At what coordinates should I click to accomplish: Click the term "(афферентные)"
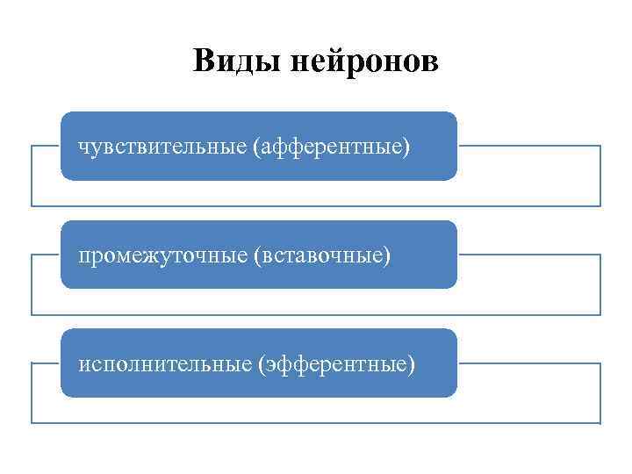point(331,146)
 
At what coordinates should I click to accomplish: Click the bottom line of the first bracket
point(316,206)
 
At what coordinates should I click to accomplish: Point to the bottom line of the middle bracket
point(316,314)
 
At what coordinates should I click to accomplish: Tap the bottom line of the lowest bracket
point(316,423)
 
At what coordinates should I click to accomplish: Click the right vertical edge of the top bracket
point(600,176)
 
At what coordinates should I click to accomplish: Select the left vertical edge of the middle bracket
point(32,284)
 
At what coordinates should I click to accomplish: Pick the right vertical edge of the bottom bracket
point(600,392)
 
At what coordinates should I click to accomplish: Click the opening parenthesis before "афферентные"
point(256,146)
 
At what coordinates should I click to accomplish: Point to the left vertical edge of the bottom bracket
point(32,392)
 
